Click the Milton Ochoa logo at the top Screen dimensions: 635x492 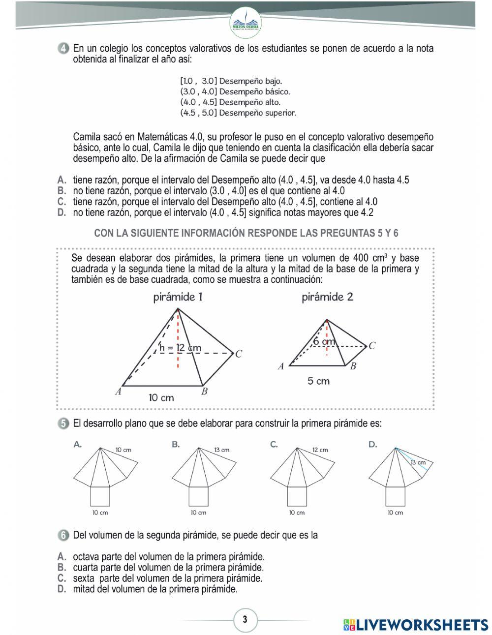[x=246, y=21]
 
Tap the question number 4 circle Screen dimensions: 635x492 [x=62, y=49]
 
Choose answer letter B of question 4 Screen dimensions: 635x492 [x=61, y=190]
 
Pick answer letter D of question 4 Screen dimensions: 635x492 [x=61, y=212]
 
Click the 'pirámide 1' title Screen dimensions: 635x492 [x=178, y=297]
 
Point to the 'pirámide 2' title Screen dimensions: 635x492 [x=327, y=297]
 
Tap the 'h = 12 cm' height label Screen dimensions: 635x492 [x=180, y=348]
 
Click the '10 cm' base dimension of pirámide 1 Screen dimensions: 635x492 [x=161, y=397]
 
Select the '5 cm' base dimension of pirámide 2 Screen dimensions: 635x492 [x=318, y=381]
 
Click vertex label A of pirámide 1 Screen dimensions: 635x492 [x=118, y=392]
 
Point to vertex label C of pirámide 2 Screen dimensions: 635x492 [x=372, y=346]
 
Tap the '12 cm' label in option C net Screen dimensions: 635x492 [x=320, y=450]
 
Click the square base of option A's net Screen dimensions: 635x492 [x=100, y=496]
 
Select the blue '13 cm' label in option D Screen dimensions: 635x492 [x=418, y=462]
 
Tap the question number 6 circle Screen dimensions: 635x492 [x=62, y=535]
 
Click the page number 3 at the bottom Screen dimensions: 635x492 [x=245, y=619]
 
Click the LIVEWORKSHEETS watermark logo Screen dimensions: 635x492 [x=416, y=624]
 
